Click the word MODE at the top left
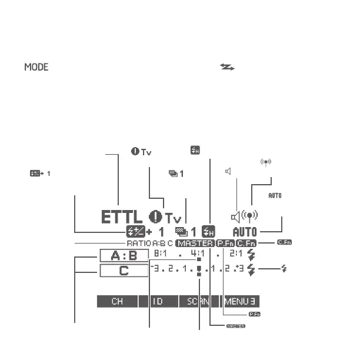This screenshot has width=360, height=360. [36, 68]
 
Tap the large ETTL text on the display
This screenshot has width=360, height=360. [122, 217]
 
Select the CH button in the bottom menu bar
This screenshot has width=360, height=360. [117, 302]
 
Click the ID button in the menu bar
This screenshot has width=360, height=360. [158, 302]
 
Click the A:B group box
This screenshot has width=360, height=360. [124, 256]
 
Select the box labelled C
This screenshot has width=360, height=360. [124, 271]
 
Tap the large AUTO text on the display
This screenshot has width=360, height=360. [245, 232]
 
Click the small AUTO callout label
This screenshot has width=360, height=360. [275, 195]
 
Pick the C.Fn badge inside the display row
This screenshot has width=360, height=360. [248, 243]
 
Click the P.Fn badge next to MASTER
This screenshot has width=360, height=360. [225, 243]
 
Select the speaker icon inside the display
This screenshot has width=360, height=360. [235, 216]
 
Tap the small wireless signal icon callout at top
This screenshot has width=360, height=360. [266, 162]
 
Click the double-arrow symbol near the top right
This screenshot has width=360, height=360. [226, 68]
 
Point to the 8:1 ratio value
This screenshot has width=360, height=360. [160, 255]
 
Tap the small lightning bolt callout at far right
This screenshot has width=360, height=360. [285, 269]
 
